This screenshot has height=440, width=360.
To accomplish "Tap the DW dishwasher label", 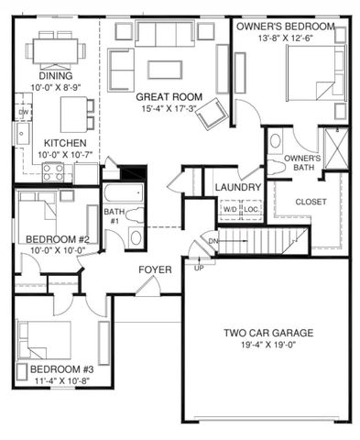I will coord(22,112).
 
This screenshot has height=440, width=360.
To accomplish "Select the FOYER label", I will coord(155,269).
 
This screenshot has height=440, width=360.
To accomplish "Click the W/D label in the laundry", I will coord(229,208).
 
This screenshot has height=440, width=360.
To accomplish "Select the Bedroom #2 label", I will coord(55,239).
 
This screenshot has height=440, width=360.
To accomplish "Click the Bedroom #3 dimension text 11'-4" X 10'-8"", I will coord(56,382).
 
